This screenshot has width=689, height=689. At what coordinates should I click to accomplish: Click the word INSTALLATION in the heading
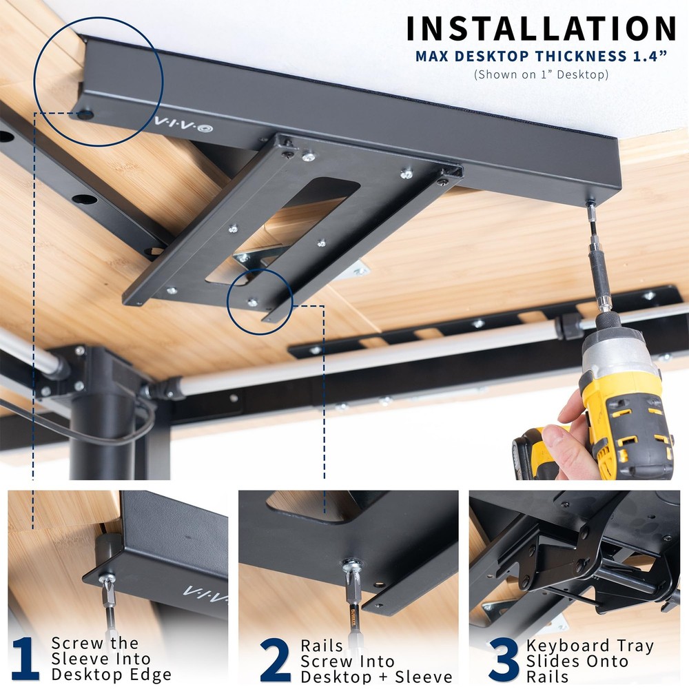(540, 29)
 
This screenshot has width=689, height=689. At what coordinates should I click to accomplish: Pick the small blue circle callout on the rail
(259, 297)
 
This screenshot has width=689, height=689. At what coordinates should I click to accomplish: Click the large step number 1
(25, 660)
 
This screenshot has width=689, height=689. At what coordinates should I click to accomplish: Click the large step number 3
(504, 660)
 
